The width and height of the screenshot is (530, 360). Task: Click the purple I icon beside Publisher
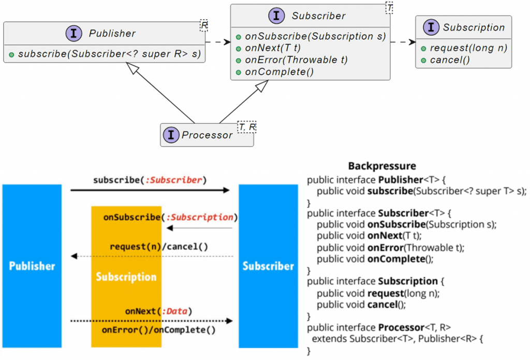pos(73,34)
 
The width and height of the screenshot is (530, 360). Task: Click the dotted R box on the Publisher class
pos(204,25)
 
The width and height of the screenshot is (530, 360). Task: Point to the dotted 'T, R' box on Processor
pos(247,127)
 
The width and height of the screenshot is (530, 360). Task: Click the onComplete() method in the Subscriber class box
pos(278,72)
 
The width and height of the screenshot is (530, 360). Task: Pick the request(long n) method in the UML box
pos(467,48)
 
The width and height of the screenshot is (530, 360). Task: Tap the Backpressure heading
pos(382,166)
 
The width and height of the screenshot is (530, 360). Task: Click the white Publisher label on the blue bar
pos(32,266)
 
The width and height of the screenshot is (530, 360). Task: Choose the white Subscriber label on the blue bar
pos(268,266)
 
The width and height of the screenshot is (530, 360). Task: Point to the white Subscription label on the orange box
pos(126,277)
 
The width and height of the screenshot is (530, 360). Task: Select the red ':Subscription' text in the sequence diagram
pos(199,217)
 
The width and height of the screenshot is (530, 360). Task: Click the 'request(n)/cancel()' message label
pos(159,247)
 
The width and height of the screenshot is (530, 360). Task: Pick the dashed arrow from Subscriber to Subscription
pos(403,42)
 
